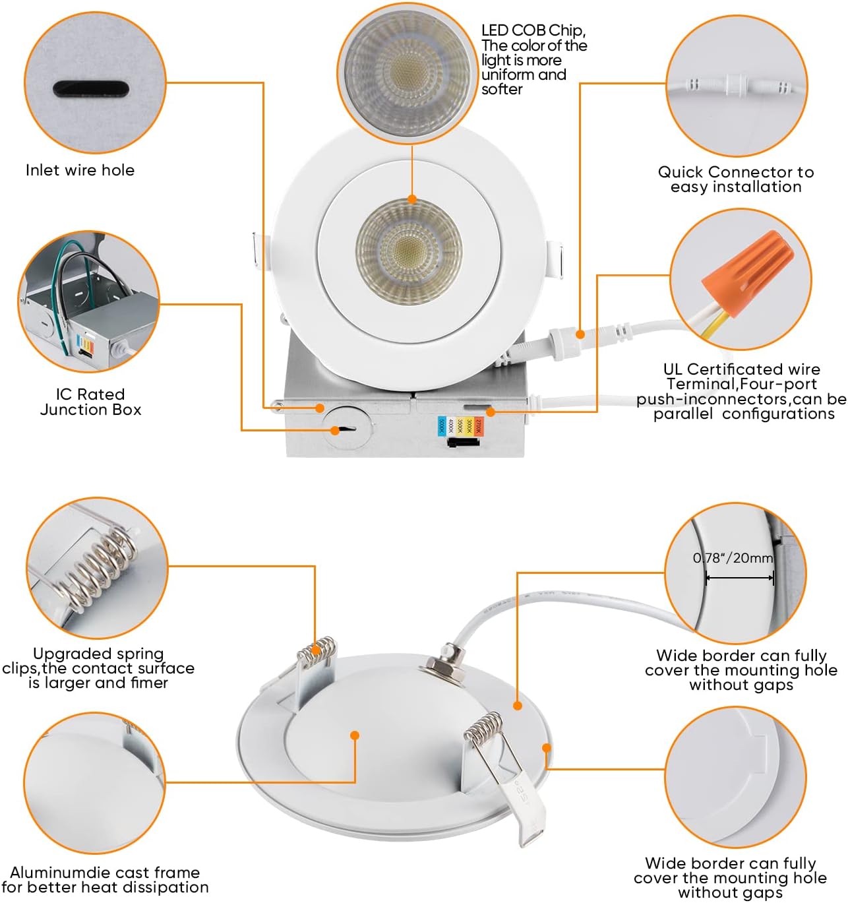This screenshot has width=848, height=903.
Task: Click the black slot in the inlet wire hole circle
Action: pos(90,89)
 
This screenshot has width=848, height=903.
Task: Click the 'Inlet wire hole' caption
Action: pos(80,170)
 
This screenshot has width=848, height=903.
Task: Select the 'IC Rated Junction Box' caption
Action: pos(90,402)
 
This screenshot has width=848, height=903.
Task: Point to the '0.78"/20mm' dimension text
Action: pos(733,558)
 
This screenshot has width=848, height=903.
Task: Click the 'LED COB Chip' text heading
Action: pos(533,30)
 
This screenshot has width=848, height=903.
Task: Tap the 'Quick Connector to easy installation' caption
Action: pos(736,179)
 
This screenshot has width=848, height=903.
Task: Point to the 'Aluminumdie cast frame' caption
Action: pos(105,873)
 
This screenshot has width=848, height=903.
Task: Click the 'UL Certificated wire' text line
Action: pos(741,369)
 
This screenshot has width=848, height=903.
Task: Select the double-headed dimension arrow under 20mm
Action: pos(739,578)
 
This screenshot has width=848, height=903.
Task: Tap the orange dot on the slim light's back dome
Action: pos(355,735)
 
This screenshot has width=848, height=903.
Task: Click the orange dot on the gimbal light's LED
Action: pos(412,199)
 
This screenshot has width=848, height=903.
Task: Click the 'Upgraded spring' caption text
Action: pos(98,654)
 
